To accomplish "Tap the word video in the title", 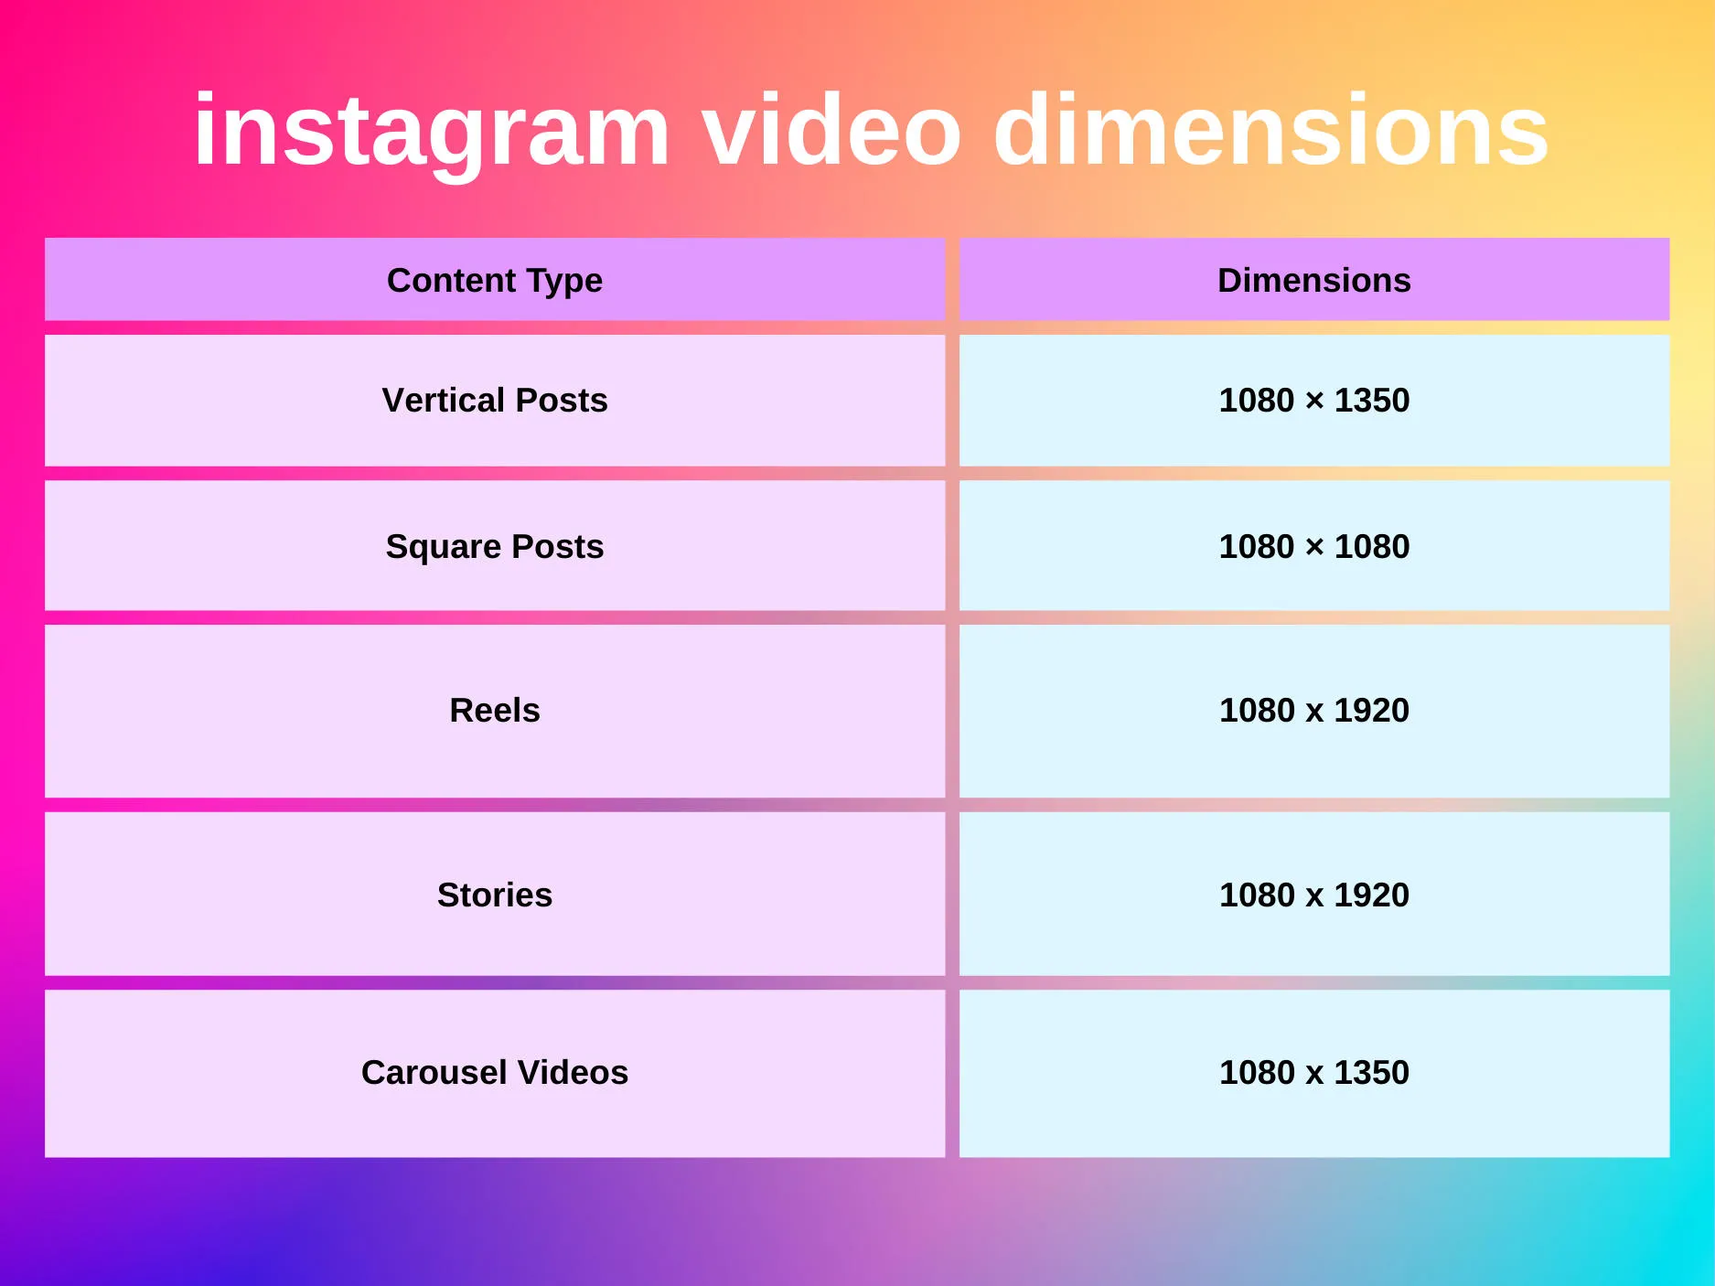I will coord(831,131).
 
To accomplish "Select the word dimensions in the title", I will coord(1270,131).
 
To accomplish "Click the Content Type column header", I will coord(495,280).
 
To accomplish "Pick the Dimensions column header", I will coord(1313,280).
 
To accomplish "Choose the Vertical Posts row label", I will coord(495,401).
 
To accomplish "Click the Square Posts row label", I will coord(495,546).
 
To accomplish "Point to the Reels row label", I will coord(495,710).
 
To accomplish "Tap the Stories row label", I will coord(495,895).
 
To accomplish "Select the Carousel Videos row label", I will coord(495,1072).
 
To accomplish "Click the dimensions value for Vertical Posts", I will coord(1313,401).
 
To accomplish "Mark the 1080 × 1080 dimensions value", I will coord(1313,546).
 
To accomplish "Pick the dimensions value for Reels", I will coord(1313,710).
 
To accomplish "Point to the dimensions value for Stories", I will coord(1313,895).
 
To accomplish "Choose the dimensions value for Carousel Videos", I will coord(1313,1072).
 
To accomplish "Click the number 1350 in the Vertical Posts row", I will coord(1371,401).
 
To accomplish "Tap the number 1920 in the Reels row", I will coord(1371,710).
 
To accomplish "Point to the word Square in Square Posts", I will coord(444,547).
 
